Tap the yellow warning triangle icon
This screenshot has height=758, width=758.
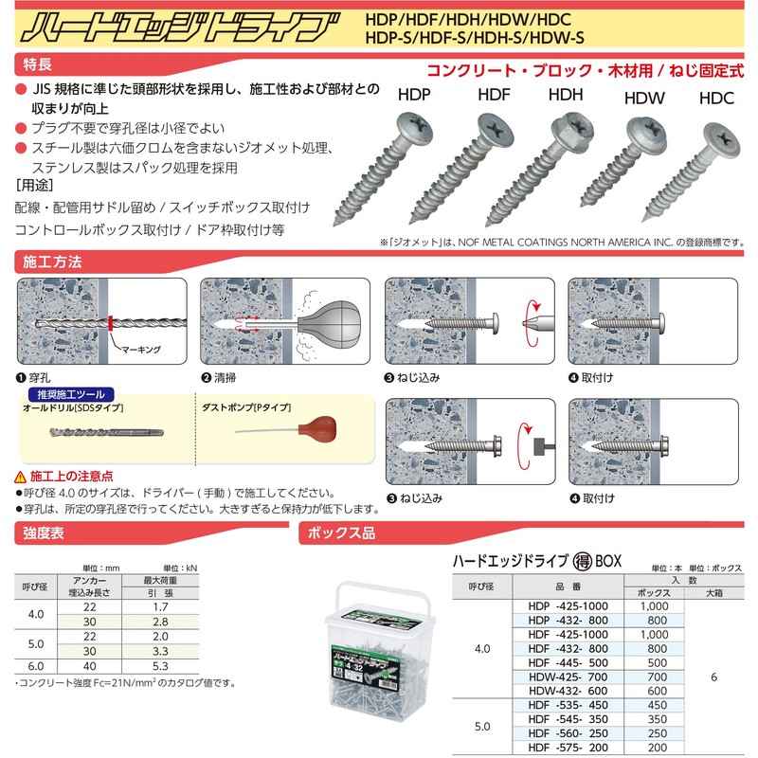click(x=21, y=476)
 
